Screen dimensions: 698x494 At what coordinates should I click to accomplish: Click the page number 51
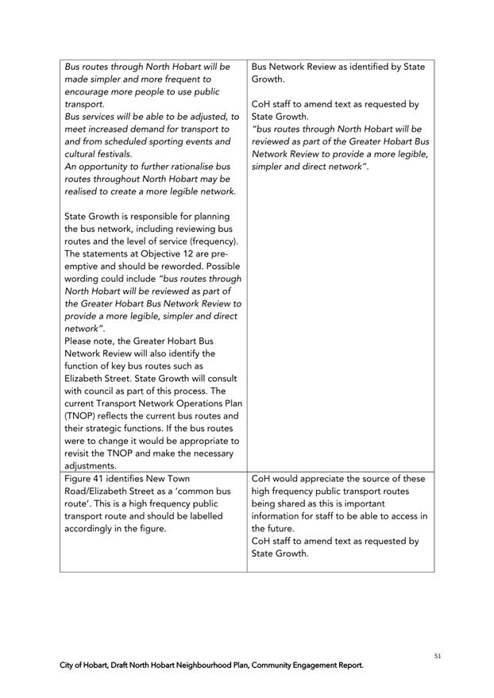pos(438,656)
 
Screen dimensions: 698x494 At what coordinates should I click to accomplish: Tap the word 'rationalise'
pos(185,166)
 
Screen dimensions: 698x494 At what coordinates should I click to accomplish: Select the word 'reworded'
pos(168,265)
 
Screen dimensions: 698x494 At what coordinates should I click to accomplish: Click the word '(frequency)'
pos(210,241)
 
